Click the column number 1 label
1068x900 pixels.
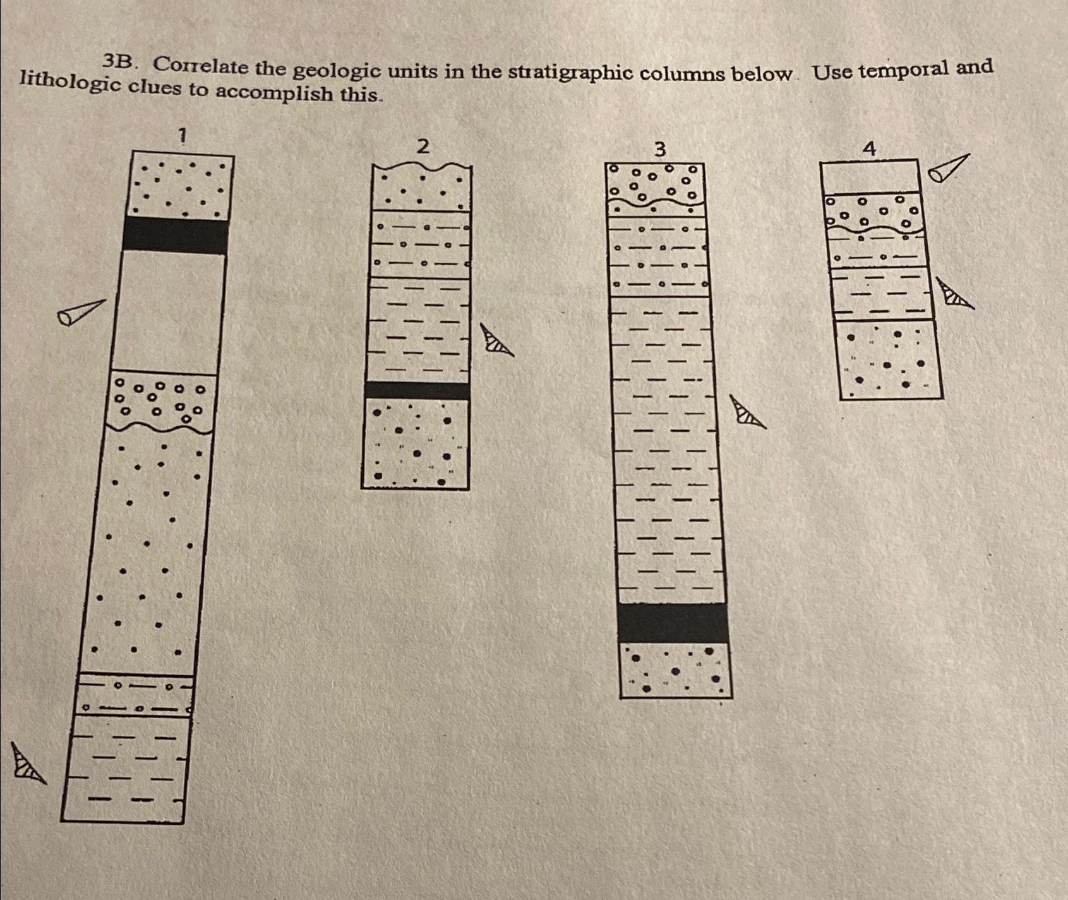[x=183, y=135]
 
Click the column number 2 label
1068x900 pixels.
[x=423, y=147]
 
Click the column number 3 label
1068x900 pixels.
[x=659, y=149]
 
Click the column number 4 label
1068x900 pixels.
[x=869, y=149]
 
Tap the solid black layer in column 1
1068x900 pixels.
[x=175, y=235]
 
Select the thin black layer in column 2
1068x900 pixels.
[x=417, y=390]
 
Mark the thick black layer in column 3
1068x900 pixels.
[x=673, y=623]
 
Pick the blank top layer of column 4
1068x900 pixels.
[x=870, y=176]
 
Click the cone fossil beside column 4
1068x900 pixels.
[x=947, y=167]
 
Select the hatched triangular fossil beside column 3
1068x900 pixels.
[x=746, y=412]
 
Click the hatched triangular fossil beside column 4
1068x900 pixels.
[x=954, y=294]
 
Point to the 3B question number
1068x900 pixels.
[x=119, y=61]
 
